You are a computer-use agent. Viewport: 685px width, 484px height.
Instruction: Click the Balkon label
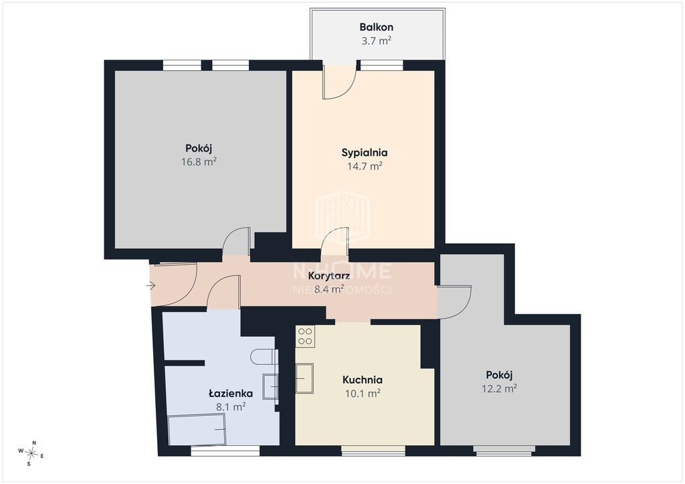click(376, 27)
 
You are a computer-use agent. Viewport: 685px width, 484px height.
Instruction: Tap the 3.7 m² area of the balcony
click(376, 41)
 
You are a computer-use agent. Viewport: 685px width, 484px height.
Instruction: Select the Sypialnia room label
click(365, 153)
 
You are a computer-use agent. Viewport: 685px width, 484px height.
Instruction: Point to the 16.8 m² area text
click(199, 162)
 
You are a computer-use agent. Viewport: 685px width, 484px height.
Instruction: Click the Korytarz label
click(329, 276)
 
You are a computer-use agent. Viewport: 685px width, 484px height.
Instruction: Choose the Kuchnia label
click(362, 380)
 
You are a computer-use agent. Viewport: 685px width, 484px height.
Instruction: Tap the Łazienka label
click(231, 393)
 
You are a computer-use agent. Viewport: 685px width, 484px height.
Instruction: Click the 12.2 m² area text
click(499, 388)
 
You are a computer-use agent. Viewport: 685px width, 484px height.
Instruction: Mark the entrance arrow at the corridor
click(151, 286)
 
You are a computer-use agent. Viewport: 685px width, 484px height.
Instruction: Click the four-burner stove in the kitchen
click(305, 336)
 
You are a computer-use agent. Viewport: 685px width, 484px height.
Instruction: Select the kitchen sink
click(304, 378)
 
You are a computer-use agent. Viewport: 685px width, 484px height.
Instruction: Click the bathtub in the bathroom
click(197, 430)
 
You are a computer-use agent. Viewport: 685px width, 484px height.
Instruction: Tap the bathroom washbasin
click(270, 386)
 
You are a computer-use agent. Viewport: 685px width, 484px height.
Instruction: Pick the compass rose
click(31, 453)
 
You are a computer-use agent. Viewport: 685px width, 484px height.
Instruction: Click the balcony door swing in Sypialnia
click(339, 82)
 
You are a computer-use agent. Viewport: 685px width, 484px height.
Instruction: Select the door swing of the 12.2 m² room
click(455, 302)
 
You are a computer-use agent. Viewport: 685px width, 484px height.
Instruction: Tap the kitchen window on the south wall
click(373, 451)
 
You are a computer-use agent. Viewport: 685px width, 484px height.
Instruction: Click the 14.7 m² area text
click(365, 166)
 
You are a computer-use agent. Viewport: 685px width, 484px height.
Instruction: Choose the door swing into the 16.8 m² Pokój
click(236, 241)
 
